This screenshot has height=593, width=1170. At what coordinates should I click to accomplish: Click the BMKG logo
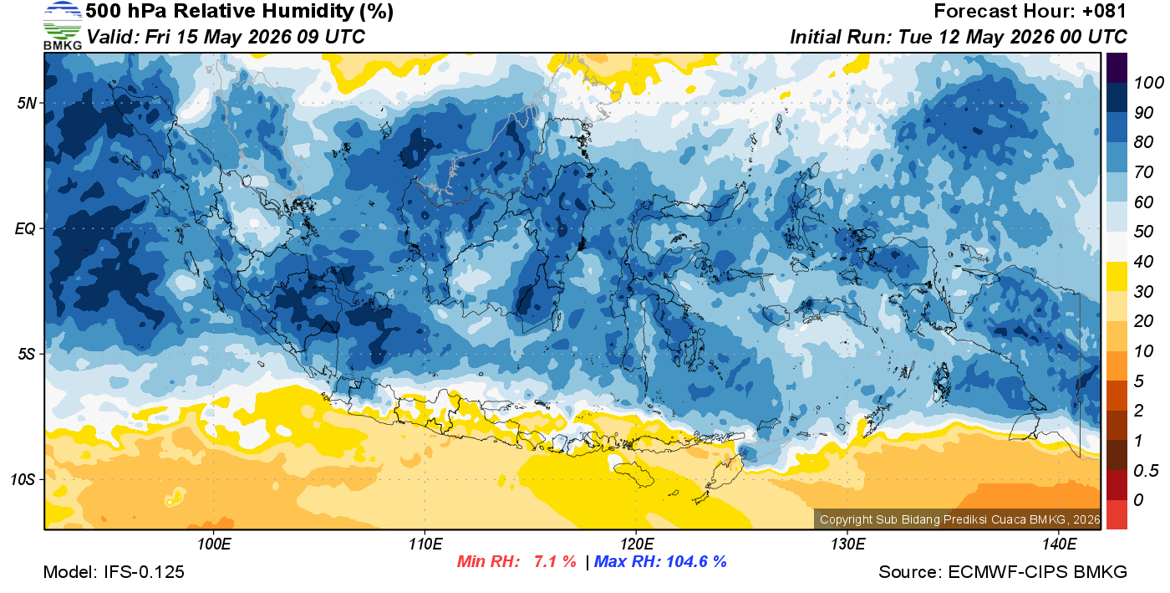coord(62,25)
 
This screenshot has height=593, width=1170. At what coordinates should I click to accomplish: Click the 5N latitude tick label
coord(27,103)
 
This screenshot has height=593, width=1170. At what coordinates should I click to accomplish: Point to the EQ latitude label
coord(25,228)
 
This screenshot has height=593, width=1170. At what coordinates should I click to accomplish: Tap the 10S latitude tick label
coord(23,479)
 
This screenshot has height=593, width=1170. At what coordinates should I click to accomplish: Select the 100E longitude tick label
coord(214,544)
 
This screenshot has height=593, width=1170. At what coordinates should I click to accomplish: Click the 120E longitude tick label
coord(636,544)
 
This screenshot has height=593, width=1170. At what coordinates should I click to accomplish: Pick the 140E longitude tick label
coord(1059,544)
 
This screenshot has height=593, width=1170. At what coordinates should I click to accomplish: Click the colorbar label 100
coord(1148,83)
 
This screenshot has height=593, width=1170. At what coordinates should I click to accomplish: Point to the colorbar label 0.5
coord(1146,471)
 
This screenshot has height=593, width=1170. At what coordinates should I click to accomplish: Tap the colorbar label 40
coord(1143,262)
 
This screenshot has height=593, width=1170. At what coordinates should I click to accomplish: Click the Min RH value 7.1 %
coord(555,561)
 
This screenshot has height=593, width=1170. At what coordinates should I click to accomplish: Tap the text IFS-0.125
coord(144,572)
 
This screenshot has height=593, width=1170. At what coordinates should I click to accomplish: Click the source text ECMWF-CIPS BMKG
coord(1037,572)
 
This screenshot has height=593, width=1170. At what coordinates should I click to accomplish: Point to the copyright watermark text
coord(959,519)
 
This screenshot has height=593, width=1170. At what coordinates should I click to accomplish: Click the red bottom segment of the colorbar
coord(1117,514)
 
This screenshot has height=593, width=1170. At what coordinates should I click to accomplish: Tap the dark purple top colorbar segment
coord(1117,68)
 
